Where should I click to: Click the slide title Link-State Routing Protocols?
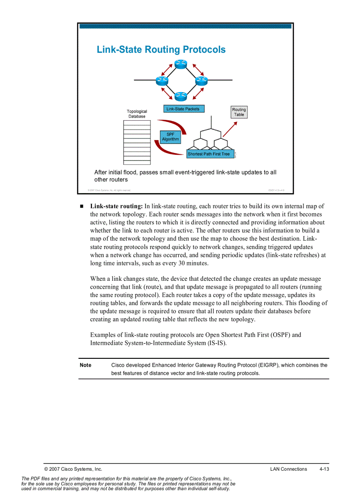tap(161, 49)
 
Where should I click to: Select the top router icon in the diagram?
tap(181, 64)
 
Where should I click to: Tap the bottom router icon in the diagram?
tap(181, 96)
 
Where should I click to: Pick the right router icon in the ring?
tap(201, 80)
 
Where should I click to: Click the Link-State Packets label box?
tap(183, 109)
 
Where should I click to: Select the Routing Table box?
tap(239, 112)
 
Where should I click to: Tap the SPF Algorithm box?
tap(170, 137)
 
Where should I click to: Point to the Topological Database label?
tap(137, 114)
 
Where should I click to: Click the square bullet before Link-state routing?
tap(82, 206)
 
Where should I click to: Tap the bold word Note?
tap(86, 365)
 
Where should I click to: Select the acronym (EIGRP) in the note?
tap(269, 365)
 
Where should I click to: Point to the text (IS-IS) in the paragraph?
tap(216, 343)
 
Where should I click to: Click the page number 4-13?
tap(324, 469)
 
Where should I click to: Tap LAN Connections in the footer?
tap(289, 469)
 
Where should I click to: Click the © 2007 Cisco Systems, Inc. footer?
tap(73, 469)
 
